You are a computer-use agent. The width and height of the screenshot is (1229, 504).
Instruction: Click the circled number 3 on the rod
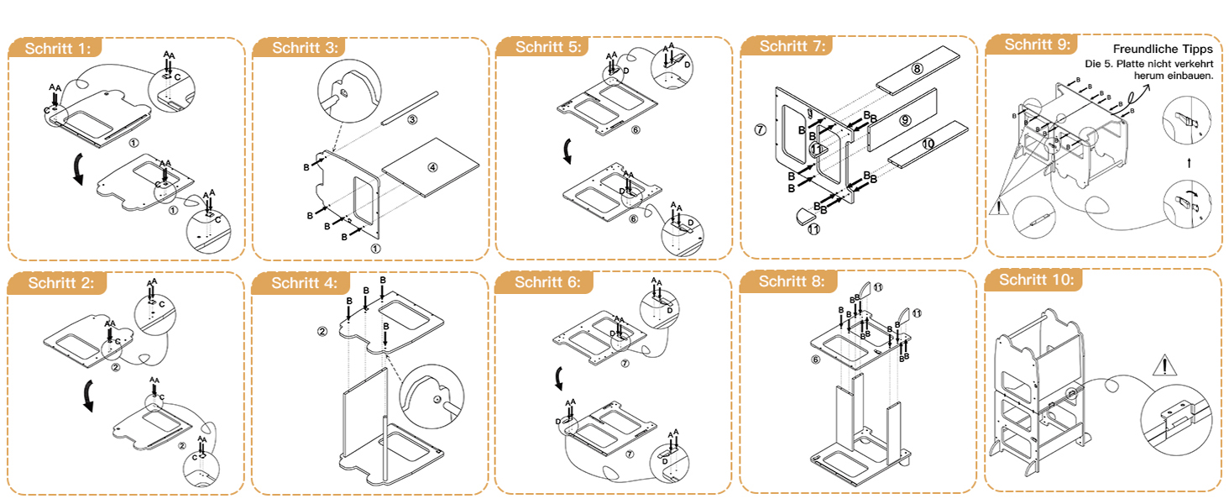[412, 120]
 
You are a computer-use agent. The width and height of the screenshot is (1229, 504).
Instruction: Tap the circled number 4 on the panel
[432, 167]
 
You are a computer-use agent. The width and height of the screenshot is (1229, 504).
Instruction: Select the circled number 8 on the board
[917, 69]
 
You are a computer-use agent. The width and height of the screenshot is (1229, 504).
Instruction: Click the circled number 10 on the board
[928, 144]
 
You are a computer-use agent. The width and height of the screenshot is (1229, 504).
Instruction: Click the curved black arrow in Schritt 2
[87, 396]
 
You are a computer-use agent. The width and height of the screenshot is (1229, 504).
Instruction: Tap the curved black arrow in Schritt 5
[568, 152]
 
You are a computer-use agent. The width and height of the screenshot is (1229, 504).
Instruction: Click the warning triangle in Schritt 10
[1164, 365]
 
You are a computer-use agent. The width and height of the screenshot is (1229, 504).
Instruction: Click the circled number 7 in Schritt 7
[761, 129]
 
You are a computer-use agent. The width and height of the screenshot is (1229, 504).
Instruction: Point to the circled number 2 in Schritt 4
[322, 331]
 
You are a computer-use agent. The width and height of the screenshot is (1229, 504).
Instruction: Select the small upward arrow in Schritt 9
[1189, 160]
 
